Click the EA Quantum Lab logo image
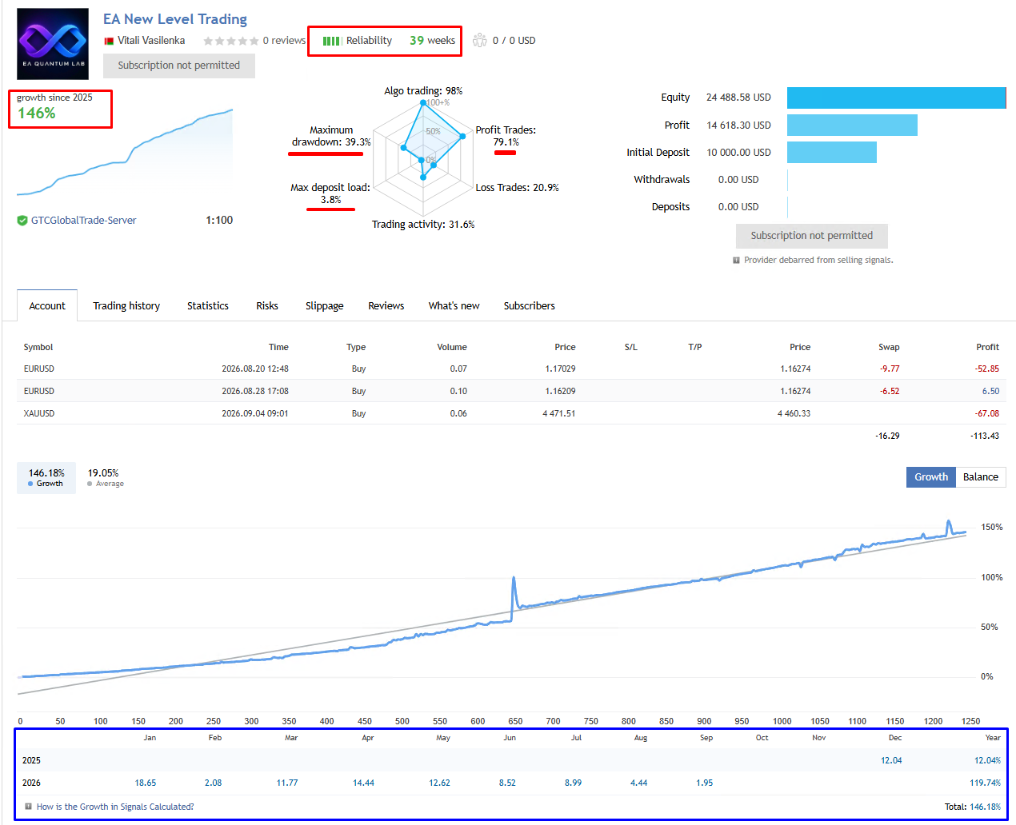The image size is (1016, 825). (53, 43)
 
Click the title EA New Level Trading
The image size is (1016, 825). (175, 19)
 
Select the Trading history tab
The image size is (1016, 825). (126, 305)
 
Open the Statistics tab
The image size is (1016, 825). (207, 305)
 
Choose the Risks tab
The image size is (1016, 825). (266, 305)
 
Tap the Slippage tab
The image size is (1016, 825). (324, 305)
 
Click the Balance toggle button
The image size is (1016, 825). (980, 476)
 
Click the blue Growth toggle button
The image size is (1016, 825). (930, 476)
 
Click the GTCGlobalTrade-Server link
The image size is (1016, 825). (83, 220)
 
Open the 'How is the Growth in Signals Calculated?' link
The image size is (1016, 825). (115, 807)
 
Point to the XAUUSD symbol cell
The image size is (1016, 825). (39, 413)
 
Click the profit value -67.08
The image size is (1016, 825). (986, 413)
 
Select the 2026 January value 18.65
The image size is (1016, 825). (145, 783)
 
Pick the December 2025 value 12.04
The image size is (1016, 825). (891, 760)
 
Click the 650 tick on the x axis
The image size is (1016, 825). (515, 721)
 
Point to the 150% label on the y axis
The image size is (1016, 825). (992, 527)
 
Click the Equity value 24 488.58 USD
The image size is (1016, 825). (738, 98)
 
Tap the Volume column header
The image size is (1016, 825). (452, 347)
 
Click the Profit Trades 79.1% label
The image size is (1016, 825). (506, 136)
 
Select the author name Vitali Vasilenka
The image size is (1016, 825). (150, 41)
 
